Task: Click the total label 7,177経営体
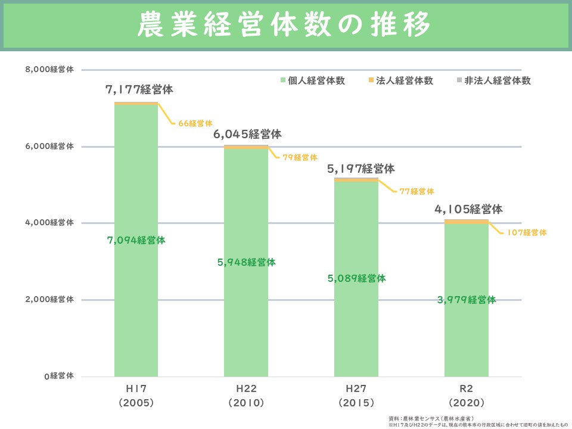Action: pos(139,90)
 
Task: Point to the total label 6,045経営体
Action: pos(247,134)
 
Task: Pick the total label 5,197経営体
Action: pos(360,169)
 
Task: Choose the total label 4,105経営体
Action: pos(468,209)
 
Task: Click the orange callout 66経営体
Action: pos(195,123)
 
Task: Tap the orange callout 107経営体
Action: pos(526,233)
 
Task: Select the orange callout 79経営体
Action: pos(300,158)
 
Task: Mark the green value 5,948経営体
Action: pos(246,262)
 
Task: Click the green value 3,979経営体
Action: pos(467,300)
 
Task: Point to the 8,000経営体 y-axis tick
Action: pos(50,70)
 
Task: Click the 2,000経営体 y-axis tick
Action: pos(50,300)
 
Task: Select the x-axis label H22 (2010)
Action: pos(246,395)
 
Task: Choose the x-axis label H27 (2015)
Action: pos(356,395)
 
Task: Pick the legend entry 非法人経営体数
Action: pos(493,80)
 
